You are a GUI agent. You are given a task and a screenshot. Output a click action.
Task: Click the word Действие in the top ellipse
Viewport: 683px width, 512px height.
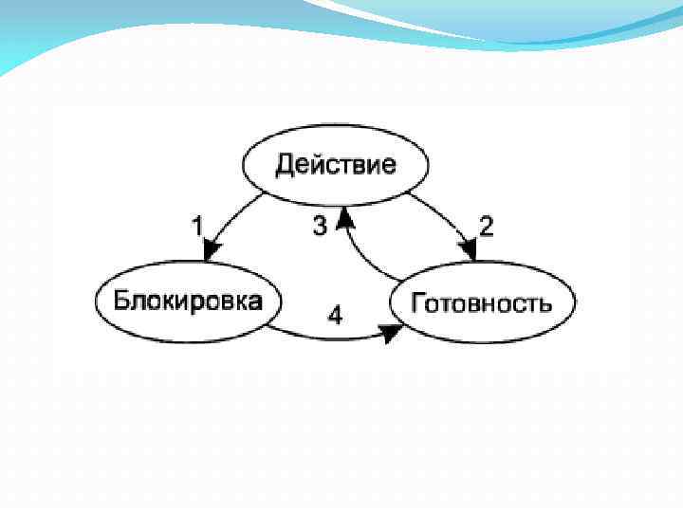coord(336,165)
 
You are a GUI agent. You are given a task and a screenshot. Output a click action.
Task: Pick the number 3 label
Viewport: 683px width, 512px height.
coord(321,226)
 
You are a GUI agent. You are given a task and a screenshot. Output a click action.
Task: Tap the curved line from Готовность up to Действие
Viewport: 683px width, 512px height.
coord(365,261)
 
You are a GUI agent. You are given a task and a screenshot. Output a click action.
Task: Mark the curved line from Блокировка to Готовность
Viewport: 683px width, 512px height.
coord(323,335)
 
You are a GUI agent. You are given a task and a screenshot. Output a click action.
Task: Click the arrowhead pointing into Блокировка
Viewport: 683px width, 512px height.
coord(211,249)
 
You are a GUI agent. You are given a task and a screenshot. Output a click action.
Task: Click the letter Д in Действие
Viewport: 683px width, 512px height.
coord(284,166)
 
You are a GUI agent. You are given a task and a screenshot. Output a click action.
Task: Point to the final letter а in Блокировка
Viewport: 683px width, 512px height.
coord(256,302)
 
